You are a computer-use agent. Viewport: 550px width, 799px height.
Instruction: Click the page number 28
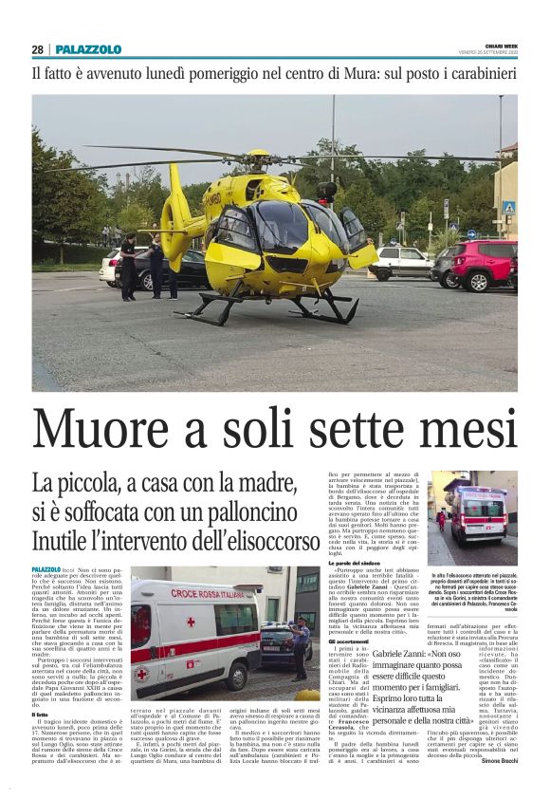tap(37, 49)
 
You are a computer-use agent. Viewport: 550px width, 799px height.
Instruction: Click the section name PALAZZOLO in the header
tap(88, 49)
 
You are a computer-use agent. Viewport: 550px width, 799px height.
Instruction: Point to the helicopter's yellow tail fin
tap(175, 211)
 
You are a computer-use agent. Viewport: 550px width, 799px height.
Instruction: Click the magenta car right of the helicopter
tap(483, 263)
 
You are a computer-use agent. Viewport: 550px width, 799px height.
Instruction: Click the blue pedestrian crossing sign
tap(508, 207)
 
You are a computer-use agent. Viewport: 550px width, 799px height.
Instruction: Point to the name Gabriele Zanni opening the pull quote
tap(398, 655)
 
